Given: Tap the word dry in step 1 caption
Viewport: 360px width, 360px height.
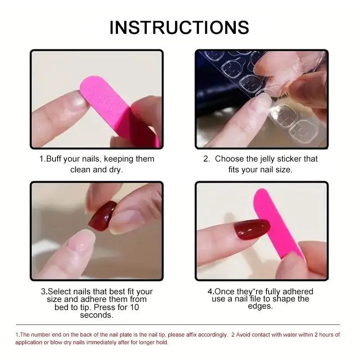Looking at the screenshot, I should point(115,170).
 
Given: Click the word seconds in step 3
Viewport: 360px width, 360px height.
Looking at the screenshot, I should point(96,315).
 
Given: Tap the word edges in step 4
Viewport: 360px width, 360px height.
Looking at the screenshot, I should point(261,306).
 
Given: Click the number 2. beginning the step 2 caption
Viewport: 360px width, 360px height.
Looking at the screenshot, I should point(207,159).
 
